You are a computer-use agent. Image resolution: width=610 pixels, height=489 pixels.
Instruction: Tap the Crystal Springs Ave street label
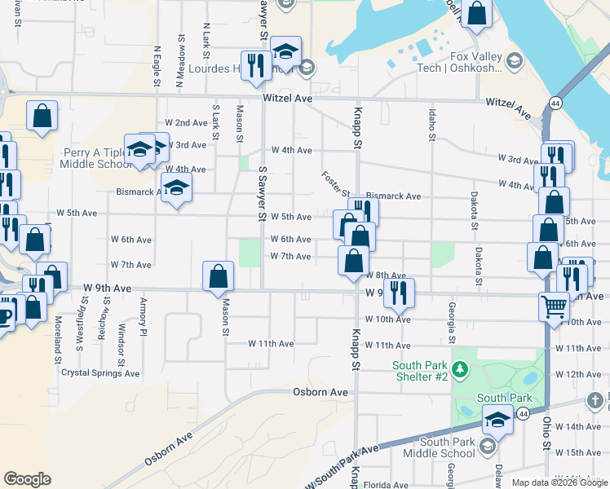100,373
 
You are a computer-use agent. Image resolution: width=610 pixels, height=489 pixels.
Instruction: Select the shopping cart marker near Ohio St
554,308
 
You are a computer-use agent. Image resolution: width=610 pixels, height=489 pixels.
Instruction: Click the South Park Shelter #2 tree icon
461,372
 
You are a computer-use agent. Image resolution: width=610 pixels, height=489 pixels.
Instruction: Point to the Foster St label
335,187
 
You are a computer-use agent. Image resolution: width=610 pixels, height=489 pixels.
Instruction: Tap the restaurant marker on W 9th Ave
399,293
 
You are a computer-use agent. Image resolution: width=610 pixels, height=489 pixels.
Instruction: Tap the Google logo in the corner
27,479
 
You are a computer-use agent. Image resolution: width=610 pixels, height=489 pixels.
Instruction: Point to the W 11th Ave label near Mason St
271,344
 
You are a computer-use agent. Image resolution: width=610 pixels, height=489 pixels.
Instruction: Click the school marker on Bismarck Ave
175,190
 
